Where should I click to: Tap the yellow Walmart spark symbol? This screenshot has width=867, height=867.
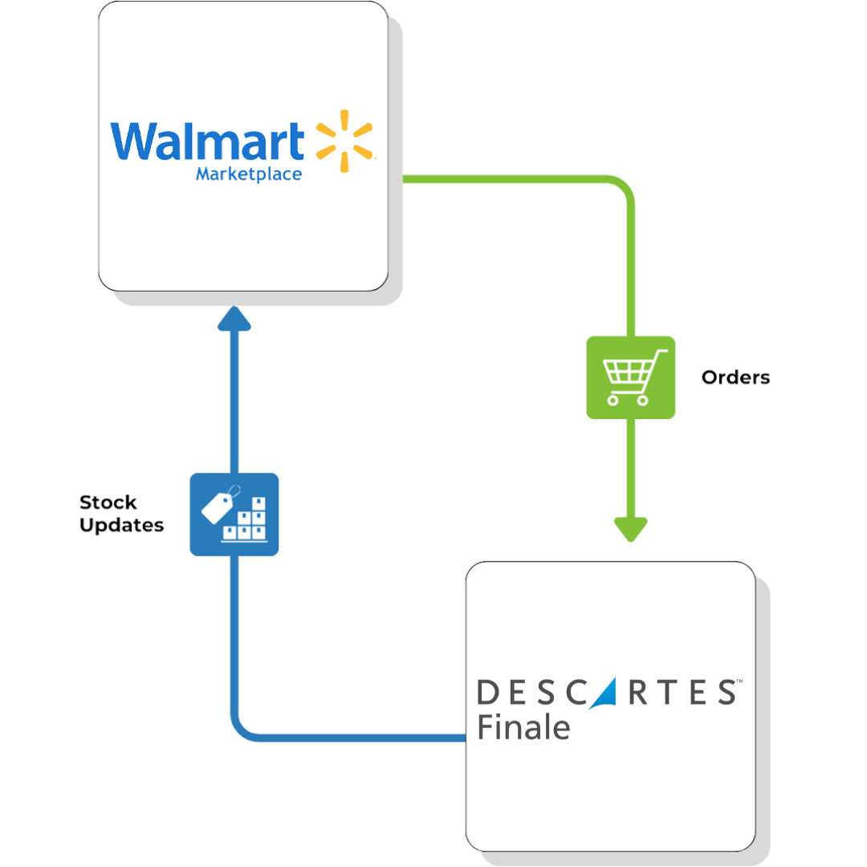[344, 141]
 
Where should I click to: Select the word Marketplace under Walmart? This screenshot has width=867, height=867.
[249, 174]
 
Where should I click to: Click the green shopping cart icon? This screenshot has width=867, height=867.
[631, 377]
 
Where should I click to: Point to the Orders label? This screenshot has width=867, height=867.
[735, 377]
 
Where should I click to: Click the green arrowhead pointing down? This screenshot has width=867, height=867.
[631, 529]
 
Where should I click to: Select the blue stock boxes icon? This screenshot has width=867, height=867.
[234, 515]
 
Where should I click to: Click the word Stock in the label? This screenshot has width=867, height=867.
[108, 503]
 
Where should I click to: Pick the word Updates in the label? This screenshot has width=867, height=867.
[122, 526]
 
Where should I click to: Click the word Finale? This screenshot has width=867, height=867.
[523, 727]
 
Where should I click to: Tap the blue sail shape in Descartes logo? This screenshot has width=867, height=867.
[598, 693]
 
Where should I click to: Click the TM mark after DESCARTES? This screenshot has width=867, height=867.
[738, 682]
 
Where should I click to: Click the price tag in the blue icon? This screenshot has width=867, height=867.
[218, 506]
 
